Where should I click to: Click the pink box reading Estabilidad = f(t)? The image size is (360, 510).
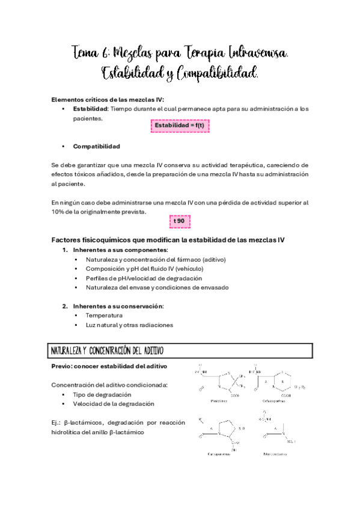180,125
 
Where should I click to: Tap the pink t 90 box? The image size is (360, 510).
180,221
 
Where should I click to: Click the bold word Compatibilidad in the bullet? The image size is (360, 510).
96,146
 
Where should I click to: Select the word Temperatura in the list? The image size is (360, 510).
104,315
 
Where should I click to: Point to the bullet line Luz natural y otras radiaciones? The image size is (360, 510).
129,325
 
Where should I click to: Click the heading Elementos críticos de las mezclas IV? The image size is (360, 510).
108,99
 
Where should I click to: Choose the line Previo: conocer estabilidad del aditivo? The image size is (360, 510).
109,366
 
